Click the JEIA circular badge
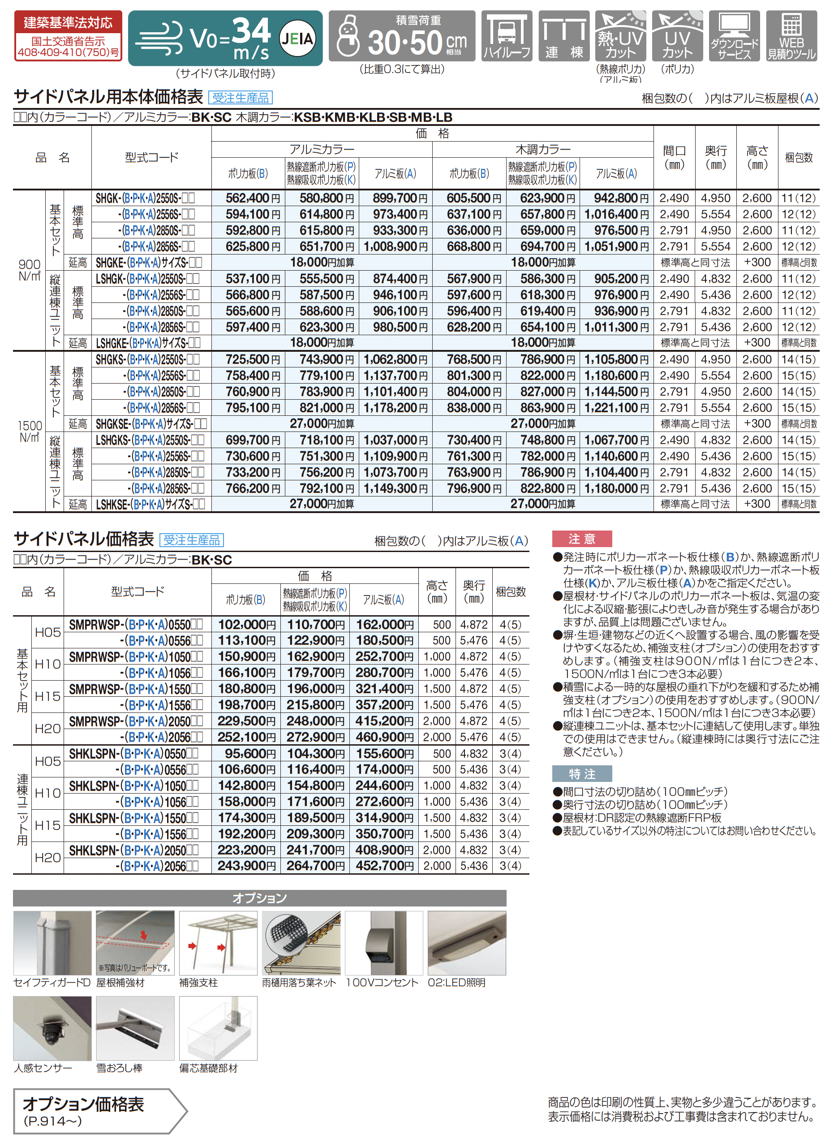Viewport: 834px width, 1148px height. click(297, 38)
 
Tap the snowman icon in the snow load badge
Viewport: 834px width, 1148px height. click(348, 36)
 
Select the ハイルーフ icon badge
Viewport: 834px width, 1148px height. click(507, 36)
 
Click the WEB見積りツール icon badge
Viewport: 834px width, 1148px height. click(791, 36)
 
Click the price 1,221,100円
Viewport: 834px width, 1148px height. click(616, 408)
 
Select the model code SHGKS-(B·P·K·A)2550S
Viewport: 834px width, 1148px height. click(147, 359)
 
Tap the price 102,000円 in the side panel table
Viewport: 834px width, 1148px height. click(246, 625)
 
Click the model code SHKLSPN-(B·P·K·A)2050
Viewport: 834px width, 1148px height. click(133, 850)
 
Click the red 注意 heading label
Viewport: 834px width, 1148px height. click(581, 539)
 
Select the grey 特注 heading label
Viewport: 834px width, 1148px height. click(581, 774)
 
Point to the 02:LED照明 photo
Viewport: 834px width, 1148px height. click(466, 943)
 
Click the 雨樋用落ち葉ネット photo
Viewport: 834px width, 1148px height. click(301, 943)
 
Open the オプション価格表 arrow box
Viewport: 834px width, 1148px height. click(99, 1112)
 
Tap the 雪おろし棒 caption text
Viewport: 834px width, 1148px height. click(120, 1069)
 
